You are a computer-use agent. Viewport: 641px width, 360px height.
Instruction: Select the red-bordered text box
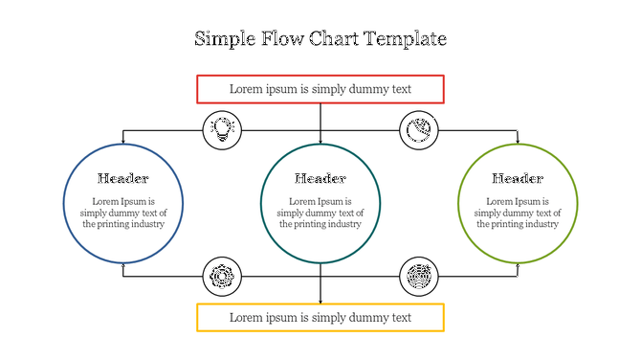coord(320,89)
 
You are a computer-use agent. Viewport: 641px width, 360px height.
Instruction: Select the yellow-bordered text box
coord(320,317)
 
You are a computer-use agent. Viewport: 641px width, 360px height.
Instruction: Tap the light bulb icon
coord(222,129)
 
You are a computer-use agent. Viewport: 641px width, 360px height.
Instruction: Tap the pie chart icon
coord(417,129)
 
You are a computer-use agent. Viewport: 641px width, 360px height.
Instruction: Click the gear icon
coord(221,277)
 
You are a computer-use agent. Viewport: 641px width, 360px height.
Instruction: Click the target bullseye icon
coord(418,277)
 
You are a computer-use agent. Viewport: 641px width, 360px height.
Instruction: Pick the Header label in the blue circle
coord(123,178)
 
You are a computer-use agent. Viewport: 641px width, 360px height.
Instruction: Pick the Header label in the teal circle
coord(320,178)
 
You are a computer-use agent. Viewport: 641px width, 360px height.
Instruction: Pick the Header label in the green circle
coord(518,178)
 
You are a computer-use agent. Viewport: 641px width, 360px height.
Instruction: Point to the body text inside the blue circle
coord(123,213)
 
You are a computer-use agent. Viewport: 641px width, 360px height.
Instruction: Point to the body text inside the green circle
coord(518,213)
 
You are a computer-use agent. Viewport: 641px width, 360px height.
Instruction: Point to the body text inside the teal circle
coord(320,213)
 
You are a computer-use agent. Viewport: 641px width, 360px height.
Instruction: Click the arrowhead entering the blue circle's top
coord(123,142)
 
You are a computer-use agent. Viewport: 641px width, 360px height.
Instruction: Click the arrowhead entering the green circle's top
coord(518,142)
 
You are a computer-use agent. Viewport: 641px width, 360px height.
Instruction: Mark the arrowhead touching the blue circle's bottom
coord(123,265)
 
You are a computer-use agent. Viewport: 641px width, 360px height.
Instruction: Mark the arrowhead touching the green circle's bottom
coord(518,265)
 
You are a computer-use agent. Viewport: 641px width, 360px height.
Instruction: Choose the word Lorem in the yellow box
coord(245,317)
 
